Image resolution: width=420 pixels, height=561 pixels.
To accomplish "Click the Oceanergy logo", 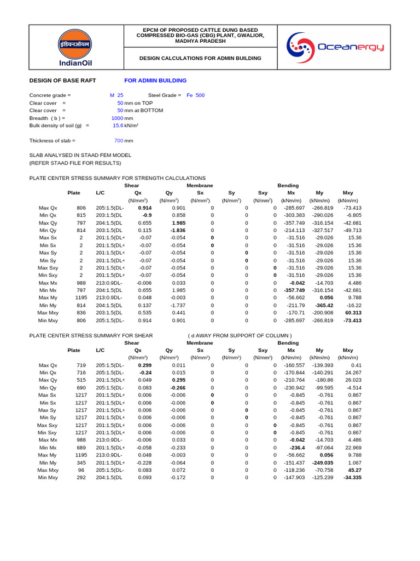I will coord(336,48).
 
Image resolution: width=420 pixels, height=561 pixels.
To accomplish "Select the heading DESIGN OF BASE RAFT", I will coord(62,81).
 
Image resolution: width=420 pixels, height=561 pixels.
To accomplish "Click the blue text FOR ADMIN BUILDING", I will coord(155,81).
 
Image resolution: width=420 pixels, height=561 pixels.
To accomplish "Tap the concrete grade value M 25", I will coord(116,95).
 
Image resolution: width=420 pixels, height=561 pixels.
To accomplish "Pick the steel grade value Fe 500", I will coord(195,95).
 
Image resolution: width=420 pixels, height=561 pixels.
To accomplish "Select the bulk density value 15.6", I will coord(118,125).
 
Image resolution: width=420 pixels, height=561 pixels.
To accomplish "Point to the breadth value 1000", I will coord(117,118).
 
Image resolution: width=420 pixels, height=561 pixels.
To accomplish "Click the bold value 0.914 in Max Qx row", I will coord(144,208).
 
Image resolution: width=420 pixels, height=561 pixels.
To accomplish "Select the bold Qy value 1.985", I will coord(178,223).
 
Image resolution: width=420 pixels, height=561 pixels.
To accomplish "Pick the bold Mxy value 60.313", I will coord(352,313).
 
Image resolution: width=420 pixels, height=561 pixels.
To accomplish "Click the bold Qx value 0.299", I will coord(144,365).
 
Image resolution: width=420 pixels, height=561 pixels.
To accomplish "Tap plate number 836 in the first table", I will coord(81,313).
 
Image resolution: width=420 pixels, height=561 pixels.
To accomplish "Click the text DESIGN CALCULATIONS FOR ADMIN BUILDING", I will coord(200,58).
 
